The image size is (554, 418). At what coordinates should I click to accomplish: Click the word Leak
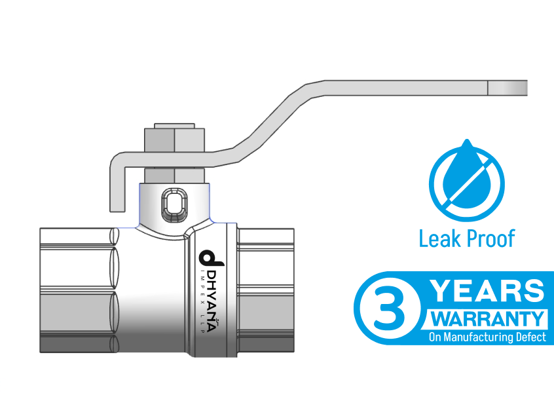point(439,238)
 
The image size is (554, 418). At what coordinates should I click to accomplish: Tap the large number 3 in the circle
point(389,308)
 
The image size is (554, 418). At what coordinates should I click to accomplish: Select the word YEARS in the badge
point(489,291)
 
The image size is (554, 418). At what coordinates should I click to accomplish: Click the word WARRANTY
point(488,319)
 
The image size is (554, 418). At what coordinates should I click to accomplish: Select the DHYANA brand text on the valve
point(212,301)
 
